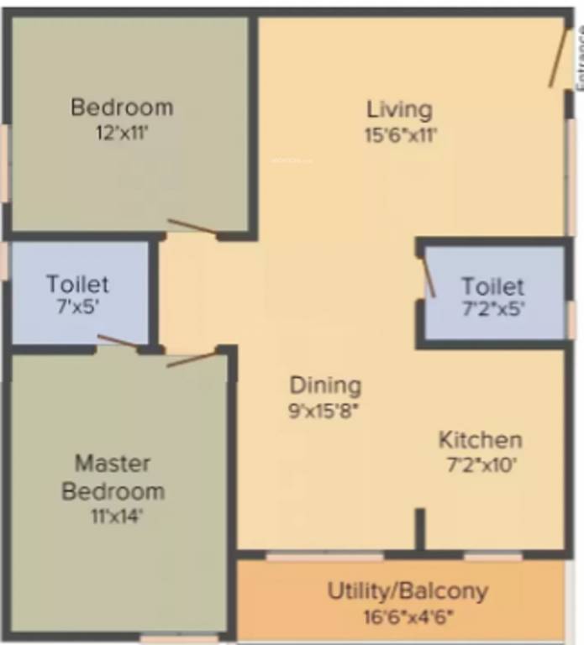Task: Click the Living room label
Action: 399,109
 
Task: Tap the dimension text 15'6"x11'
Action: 401,134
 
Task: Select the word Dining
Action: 325,385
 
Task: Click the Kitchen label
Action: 480,439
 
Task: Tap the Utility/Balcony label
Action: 407,590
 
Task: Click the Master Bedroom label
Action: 113,476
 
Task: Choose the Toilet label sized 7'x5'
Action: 77,284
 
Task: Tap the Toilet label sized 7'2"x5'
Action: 492,286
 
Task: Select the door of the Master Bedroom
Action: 192,359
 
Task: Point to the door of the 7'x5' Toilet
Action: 118,340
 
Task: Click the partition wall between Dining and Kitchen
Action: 419,529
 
